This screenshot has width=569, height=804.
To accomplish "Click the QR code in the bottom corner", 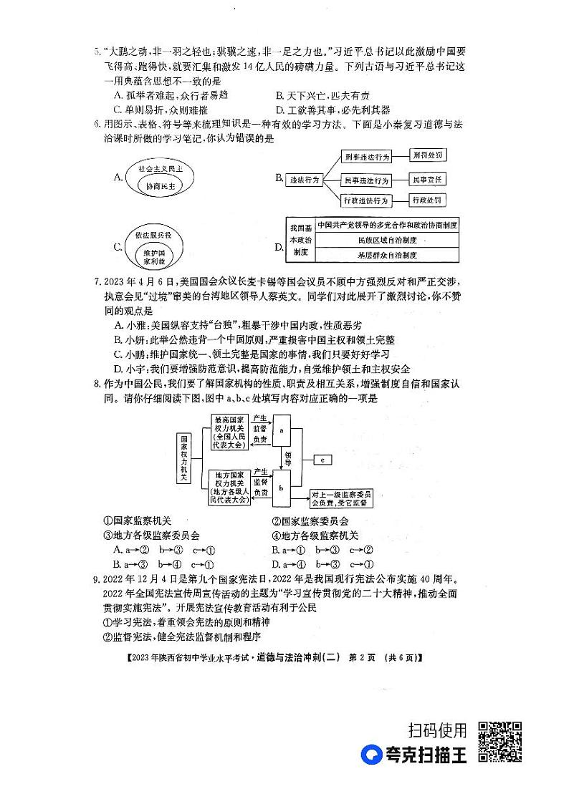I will point(499,742).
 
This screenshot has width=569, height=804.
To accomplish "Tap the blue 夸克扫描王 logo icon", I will point(373,755).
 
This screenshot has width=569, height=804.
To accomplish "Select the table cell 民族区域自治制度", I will point(386,239).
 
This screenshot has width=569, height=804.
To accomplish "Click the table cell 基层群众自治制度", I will point(386,254).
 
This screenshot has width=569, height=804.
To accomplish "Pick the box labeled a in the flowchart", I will point(282,431).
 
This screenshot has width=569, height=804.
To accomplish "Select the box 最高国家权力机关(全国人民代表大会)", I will point(230,432).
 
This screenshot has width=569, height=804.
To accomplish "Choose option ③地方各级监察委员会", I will point(151,535).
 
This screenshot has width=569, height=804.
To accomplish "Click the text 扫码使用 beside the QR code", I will point(437,730).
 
